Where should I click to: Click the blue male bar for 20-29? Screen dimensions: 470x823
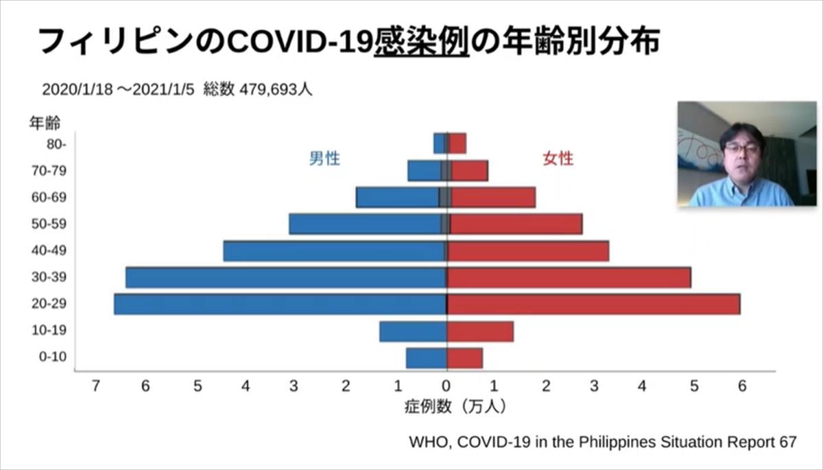[x=280, y=304]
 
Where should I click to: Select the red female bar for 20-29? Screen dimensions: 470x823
[x=593, y=304]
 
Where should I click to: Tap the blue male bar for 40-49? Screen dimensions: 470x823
[x=335, y=250]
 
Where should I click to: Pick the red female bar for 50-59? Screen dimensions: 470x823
[x=516, y=224]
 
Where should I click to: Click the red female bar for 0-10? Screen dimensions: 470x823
[x=465, y=357]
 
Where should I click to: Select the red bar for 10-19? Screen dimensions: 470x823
[x=480, y=331]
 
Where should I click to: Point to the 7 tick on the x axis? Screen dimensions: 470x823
[x=96, y=386]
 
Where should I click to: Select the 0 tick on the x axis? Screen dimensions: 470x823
[x=446, y=386]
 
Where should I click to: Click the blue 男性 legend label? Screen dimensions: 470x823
[x=324, y=159]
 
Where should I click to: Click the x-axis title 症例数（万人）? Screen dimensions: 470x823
[x=455, y=406]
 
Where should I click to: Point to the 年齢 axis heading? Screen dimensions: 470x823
[x=45, y=124]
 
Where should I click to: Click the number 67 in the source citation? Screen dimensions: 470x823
[x=787, y=441]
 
